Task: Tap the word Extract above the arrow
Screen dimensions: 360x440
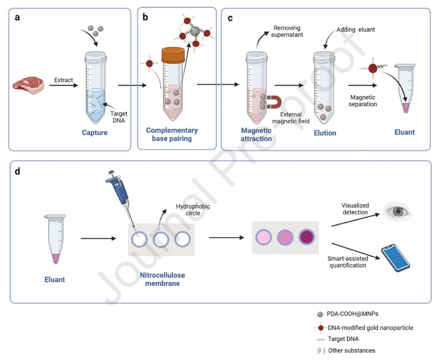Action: tap(64, 80)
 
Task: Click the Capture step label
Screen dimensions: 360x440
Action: tap(95, 133)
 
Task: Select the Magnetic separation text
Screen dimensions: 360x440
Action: tap(364, 101)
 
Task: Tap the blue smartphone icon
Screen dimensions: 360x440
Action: tap(395, 258)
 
